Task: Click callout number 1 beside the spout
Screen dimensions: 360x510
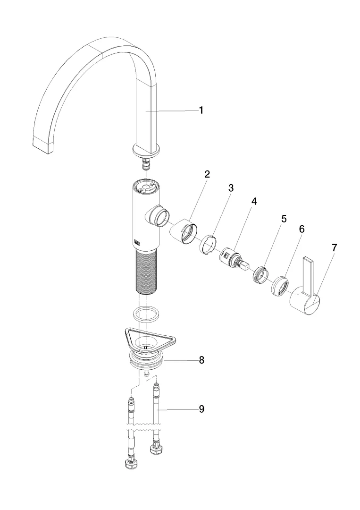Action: click(201, 110)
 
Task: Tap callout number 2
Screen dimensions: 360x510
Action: click(207, 174)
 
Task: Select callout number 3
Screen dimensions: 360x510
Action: click(231, 187)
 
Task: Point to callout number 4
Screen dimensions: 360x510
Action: click(254, 201)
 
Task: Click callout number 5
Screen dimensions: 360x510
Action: click(284, 219)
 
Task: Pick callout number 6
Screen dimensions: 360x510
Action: click(301, 229)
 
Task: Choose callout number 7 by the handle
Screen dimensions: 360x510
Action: click(334, 248)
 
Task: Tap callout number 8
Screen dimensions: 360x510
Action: click(201, 360)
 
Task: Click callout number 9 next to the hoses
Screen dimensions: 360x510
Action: click(201, 409)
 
